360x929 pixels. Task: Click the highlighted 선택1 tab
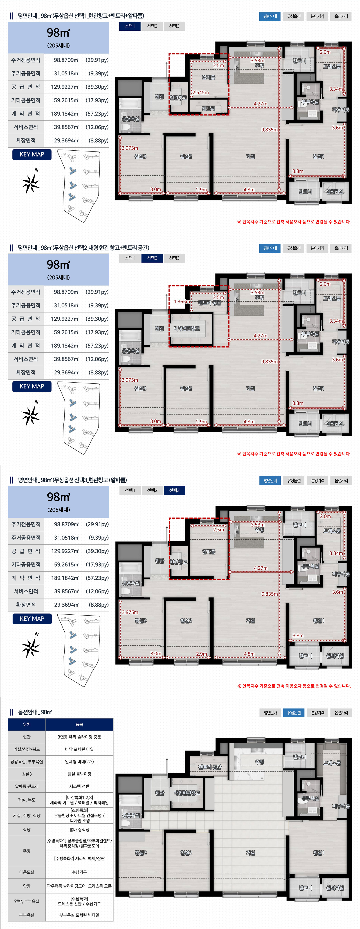click(x=130, y=26)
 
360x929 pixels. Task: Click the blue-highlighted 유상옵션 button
click(x=294, y=713)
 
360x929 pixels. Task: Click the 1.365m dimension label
click(x=181, y=302)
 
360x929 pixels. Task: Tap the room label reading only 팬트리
click(x=208, y=108)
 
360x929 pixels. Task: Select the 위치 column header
click(x=27, y=725)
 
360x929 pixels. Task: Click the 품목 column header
click(x=79, y=725)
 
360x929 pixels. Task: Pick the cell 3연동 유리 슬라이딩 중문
click(x=79, y=737)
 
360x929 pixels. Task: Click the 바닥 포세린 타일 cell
click(x=79, y=749)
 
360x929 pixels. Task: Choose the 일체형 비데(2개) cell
click(x=79, y=761)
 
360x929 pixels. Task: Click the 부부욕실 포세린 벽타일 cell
click(x=79, y=915)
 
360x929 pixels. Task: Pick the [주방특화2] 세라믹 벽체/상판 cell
click(x=79, y=858)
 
